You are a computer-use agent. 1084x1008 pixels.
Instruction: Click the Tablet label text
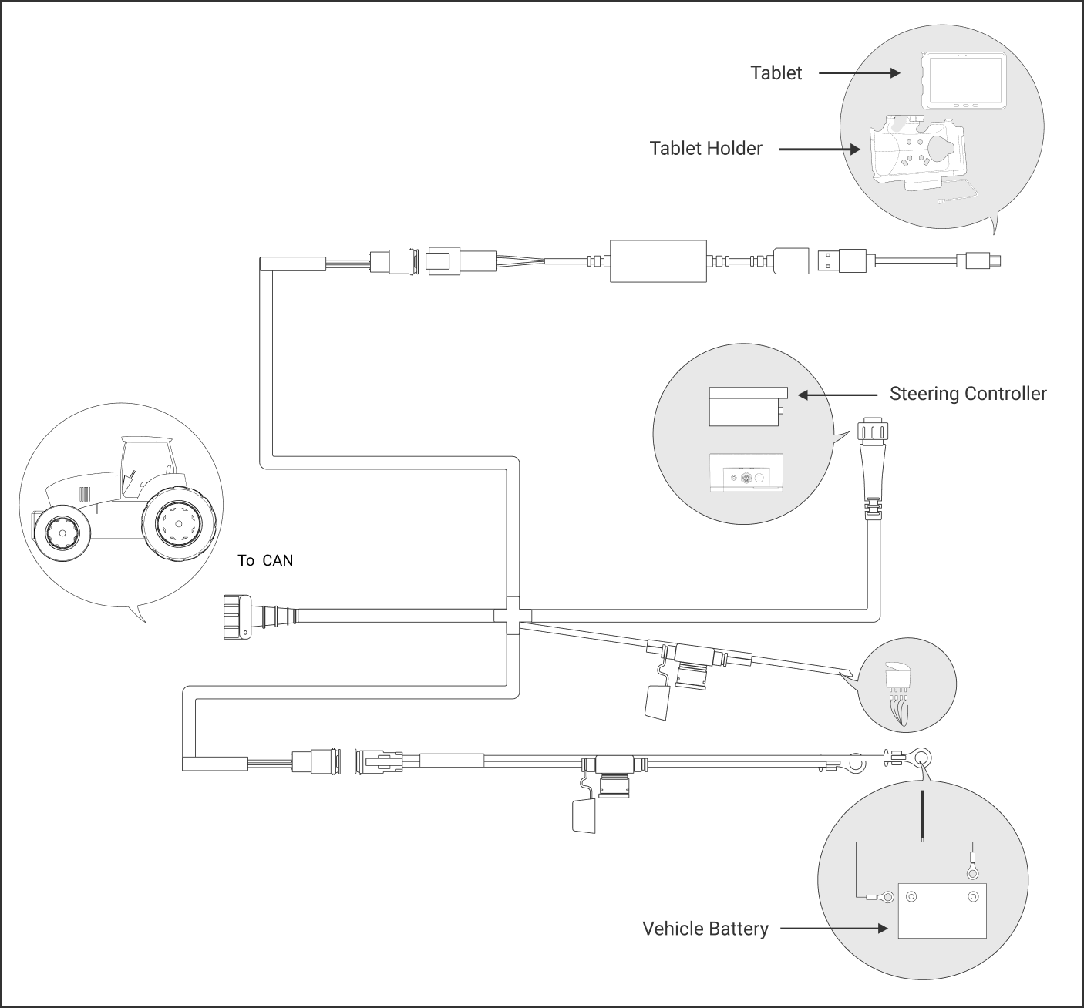776,73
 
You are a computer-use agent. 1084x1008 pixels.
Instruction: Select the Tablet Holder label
705,149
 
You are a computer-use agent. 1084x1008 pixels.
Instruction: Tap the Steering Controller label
968,394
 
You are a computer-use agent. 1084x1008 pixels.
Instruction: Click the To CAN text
265,560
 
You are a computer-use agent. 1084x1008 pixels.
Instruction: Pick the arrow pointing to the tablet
859,73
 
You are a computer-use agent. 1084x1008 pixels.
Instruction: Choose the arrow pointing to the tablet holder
820,149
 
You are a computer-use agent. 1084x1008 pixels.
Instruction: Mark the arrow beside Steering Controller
837,395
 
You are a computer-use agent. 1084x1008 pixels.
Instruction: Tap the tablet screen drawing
964,82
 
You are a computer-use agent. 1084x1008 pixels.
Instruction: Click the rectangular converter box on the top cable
658,261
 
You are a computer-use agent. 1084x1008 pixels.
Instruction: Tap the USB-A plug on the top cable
842,261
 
